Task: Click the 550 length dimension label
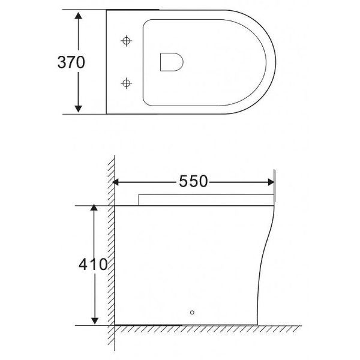coord(193,181)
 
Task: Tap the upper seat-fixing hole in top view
coord(126,41)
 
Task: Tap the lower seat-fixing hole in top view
coord(126,82)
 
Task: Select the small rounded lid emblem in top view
coord(172,61)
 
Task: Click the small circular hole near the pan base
coord(192,312)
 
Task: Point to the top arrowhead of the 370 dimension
coord(79,15)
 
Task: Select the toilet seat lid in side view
coord(204,200)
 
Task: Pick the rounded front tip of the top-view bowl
coord(275,61)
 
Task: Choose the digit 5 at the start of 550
coord(183,181)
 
